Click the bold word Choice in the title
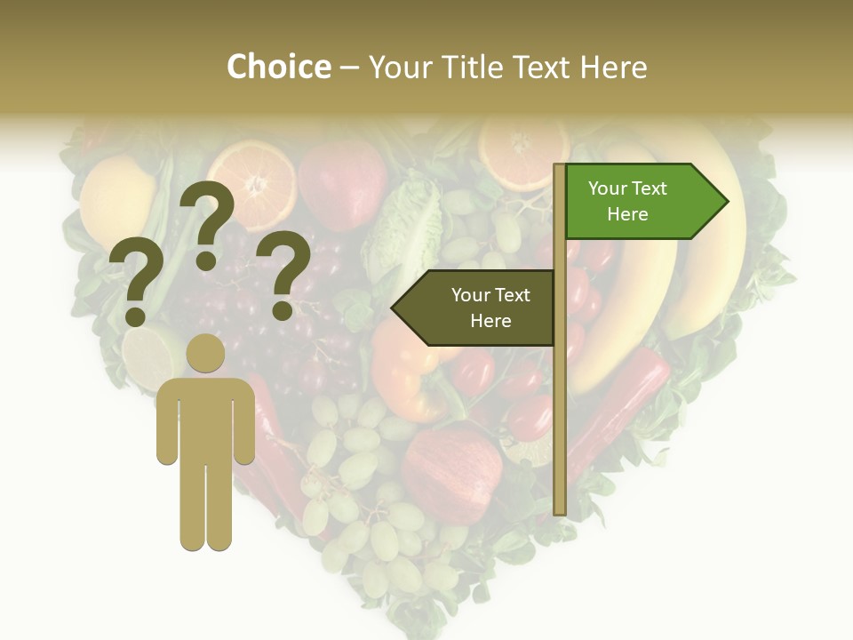(278, 67)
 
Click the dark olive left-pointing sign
(475, 308)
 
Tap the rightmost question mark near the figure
(283, 274)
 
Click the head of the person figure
(205, 353)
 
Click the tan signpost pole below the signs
(559, 427)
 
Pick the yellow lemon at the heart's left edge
(116, 200)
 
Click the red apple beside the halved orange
(342, 182)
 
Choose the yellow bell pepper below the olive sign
(404, 373)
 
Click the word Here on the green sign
(627, 214)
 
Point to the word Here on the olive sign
(490, 321)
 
